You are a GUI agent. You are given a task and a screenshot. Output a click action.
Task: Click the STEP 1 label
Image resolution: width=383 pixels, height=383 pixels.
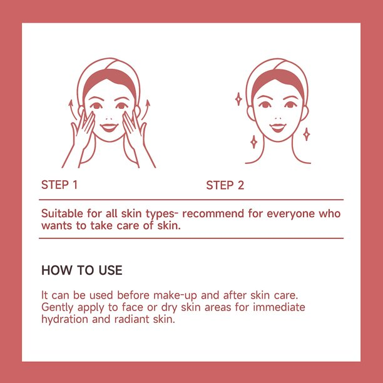[x=59, y=185]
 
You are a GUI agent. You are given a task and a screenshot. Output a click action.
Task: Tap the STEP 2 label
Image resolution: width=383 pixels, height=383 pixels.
[x=225, y=185]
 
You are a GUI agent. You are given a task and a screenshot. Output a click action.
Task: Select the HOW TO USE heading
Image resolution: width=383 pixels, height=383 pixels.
[x=82, y=270]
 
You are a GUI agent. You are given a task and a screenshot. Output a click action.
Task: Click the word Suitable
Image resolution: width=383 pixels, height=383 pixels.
[x=62, y=213]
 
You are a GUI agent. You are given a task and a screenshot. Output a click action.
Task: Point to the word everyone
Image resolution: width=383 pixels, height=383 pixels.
[x=290, y=214]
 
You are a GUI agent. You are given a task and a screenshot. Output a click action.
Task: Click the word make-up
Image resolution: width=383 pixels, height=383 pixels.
[x=175, y=295]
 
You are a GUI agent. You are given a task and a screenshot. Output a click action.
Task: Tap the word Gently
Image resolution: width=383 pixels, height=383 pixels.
[x=57, y=307]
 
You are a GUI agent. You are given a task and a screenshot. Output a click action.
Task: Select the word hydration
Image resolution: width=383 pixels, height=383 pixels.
[x=64, y=319]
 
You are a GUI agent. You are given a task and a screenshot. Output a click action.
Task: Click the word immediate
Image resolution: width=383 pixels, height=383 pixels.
[x=279, y=307]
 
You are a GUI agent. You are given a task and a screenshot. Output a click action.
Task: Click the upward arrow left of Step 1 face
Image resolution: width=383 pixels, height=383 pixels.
[x=73, y=110]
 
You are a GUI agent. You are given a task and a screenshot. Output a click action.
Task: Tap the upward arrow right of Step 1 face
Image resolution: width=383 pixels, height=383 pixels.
[x=145, y=110]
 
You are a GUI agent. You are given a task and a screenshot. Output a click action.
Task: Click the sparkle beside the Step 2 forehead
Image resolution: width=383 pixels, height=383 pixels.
[x=238, y=99]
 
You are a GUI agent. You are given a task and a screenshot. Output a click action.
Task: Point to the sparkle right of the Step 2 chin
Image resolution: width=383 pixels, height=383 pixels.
[x=307, y=134]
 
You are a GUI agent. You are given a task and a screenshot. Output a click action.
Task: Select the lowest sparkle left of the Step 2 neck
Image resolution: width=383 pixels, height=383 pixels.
[x=254, y=142]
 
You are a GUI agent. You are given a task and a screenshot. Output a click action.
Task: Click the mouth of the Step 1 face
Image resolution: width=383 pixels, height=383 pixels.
[x=109, y=127]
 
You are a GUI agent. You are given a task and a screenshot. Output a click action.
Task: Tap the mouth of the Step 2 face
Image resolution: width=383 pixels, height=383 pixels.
[x=278, y=128]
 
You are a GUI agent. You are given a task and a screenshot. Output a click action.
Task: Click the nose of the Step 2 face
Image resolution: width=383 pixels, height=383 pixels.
[x=278, y=118]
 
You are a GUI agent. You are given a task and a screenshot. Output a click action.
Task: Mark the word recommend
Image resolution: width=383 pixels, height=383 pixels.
[x=213, y=214]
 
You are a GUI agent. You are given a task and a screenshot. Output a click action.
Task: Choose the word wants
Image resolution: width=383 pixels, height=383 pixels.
[x=57, y=226]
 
